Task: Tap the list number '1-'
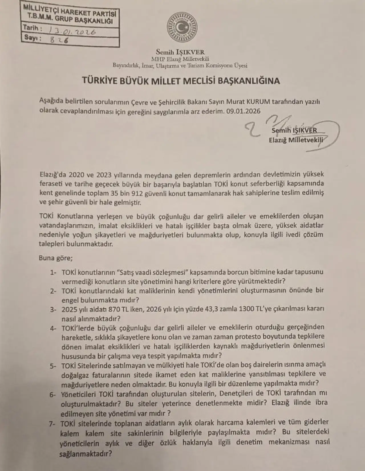tap(54, 272)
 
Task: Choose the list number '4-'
tap(54, 328)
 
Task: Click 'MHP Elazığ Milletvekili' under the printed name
tap(180, 59)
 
